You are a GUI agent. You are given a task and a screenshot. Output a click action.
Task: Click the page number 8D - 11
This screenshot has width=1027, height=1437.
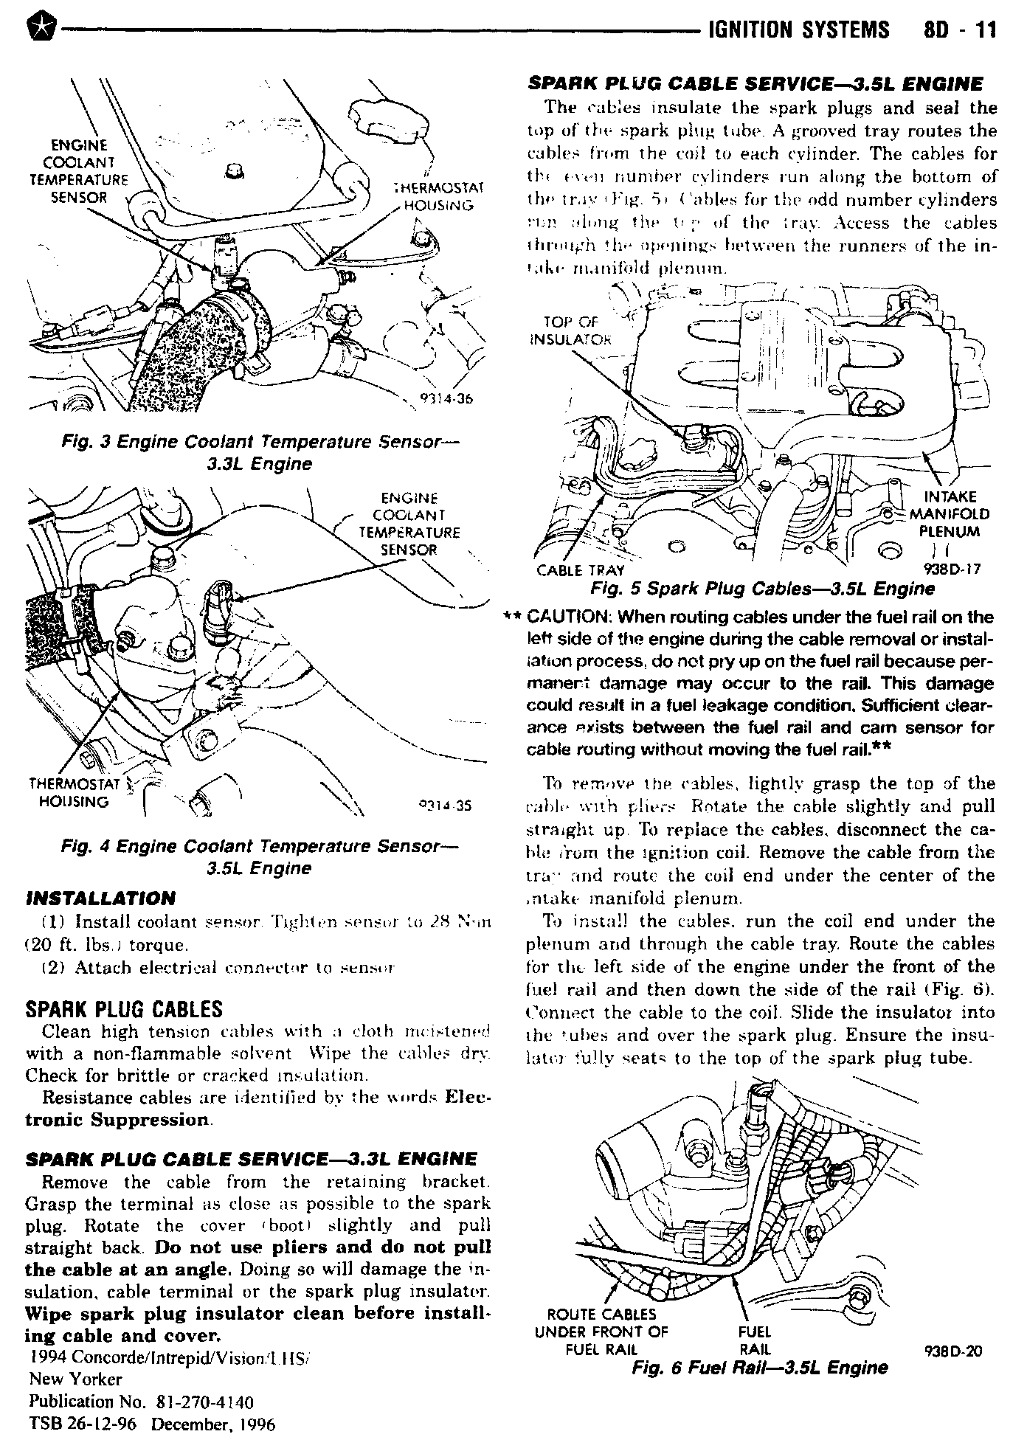coord(958,29)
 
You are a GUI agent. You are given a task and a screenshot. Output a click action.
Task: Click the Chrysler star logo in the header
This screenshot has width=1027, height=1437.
coord(36,30)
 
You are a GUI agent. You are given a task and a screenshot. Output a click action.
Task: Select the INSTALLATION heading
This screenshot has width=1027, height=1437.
coord(100,898)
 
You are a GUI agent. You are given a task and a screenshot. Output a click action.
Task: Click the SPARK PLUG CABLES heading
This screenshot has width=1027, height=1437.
coord(124,1009)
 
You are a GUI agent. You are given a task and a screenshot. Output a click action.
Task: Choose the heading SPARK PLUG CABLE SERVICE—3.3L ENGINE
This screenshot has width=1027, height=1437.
coord(251,1159)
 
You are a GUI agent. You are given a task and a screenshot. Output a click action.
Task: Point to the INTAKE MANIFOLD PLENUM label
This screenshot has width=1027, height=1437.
coord(949,513)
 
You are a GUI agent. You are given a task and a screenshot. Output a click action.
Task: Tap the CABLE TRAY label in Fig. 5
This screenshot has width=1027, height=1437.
coord(580,570)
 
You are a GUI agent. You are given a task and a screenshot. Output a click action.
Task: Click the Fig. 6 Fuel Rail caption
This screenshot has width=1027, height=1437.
coord(760,1368)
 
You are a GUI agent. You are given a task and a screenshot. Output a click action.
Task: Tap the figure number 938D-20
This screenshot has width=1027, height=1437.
coord(953,1351)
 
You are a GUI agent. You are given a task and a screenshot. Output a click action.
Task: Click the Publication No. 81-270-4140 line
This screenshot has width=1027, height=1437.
coord(141,1401)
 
